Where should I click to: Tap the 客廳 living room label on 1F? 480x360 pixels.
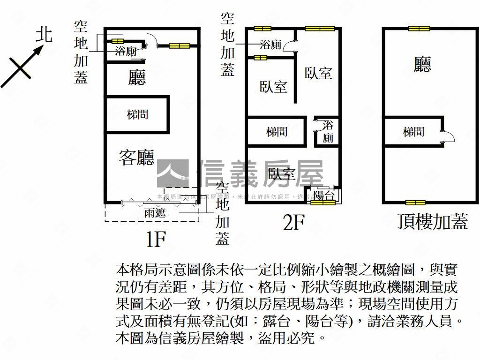point(136,157)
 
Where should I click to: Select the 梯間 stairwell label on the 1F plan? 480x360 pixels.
point(137,114)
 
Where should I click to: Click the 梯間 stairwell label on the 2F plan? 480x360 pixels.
point(277,132)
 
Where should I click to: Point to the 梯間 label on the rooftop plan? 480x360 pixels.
point(413,132)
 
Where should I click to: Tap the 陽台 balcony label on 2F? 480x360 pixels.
point(324,195)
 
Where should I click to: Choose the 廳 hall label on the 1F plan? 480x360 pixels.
point(137,77)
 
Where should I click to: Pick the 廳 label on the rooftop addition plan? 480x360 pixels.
point(422,64)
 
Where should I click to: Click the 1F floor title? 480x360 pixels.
point(155,240)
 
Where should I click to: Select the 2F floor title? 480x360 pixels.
point(294,224)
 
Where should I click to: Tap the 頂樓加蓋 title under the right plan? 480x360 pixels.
point(432,221)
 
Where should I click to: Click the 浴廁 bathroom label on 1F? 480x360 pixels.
point(126,51)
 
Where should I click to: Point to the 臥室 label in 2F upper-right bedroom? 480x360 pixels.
point(318,73)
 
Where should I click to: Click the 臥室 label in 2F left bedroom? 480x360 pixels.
point(273,87)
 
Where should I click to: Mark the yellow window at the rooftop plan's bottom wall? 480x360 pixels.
point(415,202)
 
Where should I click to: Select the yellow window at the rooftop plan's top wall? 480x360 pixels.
point(419,29)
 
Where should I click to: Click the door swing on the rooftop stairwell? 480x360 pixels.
point(447,136)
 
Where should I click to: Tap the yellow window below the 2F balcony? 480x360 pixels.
point(323,203)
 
